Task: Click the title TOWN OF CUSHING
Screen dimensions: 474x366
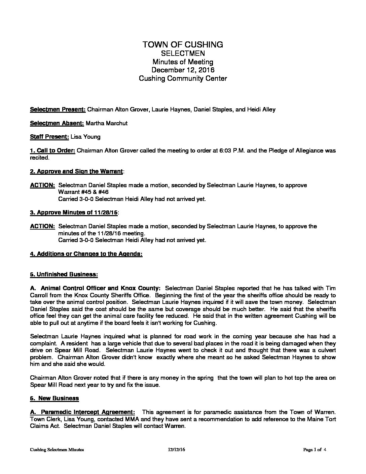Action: tap(183, 44)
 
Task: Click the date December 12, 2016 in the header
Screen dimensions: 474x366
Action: tap(183, 70)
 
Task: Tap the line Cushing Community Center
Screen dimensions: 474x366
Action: tap(183, 78)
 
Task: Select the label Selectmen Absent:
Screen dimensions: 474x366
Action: tap(57, 123)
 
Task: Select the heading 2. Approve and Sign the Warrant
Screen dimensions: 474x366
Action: tap(76, 171)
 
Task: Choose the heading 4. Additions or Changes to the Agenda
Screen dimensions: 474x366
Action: tap(86, 254)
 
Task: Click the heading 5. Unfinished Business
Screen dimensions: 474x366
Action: tap(64, 274)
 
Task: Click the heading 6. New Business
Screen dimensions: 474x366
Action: tap(54, 398)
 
